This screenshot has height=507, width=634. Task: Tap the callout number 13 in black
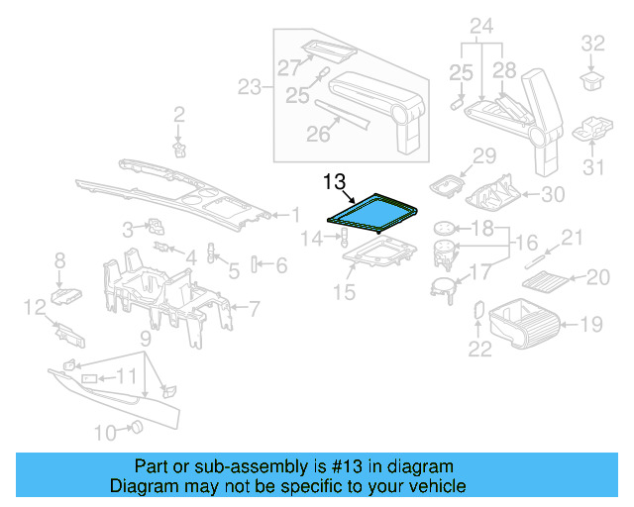click(334, 181)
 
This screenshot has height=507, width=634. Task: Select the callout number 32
click(592, 43)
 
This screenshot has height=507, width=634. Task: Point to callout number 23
click(250, 87)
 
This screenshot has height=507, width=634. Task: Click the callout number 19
click(590, 322)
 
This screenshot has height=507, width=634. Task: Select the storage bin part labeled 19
click(526, 322)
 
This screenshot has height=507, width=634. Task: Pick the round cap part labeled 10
click(138, 427)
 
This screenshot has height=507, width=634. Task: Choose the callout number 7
click(253, 308)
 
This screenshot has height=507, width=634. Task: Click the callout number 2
click(179, 114)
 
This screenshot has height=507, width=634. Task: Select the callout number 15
click(344, 292)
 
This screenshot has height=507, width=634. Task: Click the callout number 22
click(479, 347)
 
